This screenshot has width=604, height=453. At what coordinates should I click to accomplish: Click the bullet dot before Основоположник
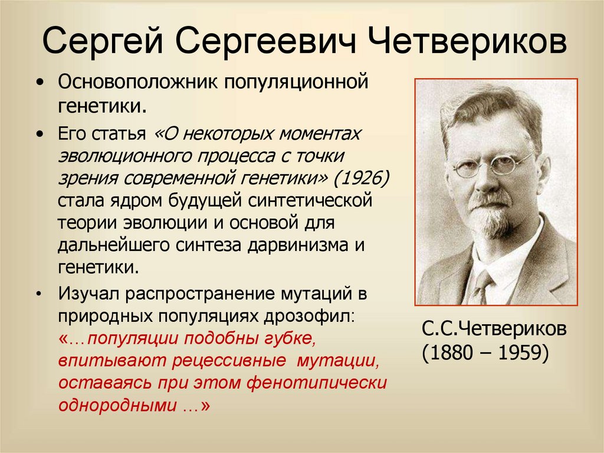point(40,82)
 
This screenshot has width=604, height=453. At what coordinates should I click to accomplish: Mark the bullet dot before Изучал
point(40,293)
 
